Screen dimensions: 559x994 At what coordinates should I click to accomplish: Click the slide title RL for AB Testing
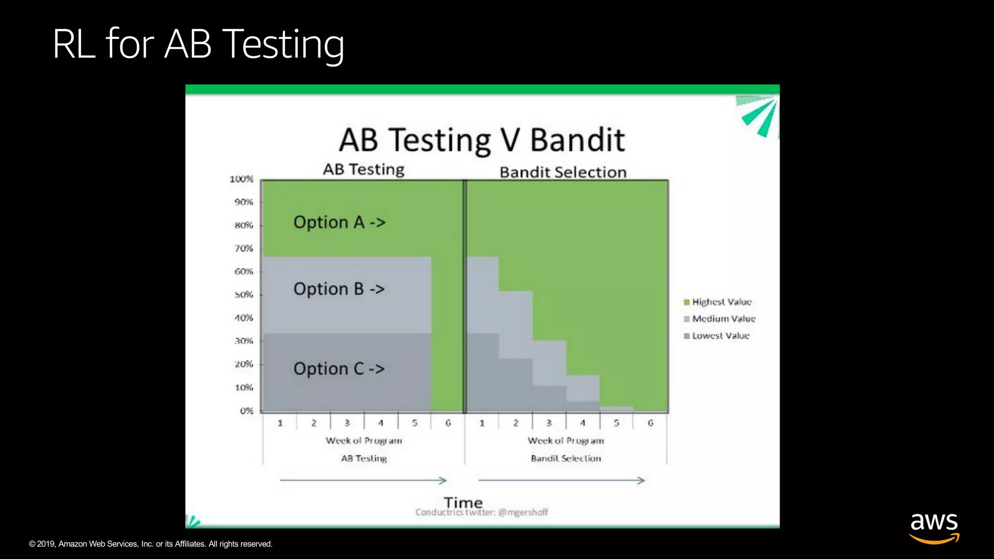point(198,45)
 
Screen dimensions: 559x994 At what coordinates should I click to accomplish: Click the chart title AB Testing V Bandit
point(481,140)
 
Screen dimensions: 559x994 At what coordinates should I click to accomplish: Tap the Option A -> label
point(339,222)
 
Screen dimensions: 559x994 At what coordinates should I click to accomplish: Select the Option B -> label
point(339,289)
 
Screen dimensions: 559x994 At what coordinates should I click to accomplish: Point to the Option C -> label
point(339,369)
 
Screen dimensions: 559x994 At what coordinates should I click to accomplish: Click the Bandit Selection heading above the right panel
point(563,172)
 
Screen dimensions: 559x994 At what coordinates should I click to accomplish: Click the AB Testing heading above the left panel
point(364,169)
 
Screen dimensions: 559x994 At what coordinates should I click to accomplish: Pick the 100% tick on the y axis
point(242,179)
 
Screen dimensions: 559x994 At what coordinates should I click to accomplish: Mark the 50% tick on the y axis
point(244,295)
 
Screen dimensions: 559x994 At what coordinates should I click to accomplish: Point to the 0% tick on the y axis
point(247,411)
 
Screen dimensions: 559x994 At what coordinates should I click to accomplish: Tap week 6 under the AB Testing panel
point(448,423)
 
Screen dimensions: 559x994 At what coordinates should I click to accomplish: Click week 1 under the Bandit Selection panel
point(482,423)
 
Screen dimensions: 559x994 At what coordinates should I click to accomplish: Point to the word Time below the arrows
point(463,502)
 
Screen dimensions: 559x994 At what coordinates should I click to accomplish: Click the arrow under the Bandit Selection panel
point(562,480)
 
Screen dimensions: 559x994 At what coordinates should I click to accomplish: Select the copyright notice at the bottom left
point(150,544)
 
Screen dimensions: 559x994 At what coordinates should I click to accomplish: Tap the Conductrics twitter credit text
point(481,512)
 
